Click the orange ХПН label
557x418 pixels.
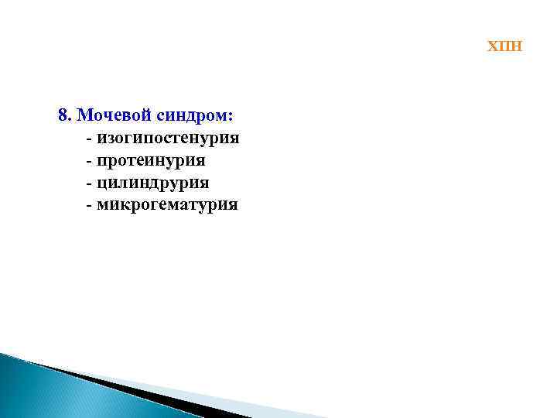(x=504, y=46)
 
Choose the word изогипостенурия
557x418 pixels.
(x=168, y=139)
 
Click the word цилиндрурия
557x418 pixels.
(x=153, y=183)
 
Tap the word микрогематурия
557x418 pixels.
(x=168, y=205)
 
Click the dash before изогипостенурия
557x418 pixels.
(x=90, y=139)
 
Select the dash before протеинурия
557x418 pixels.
(x=90, y=162)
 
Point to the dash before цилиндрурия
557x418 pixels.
(x=90, y=183)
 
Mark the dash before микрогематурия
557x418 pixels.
(x=90, y=206)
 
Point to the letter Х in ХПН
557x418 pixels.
(x=492, y=46)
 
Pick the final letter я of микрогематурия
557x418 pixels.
(x=233, y=205)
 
